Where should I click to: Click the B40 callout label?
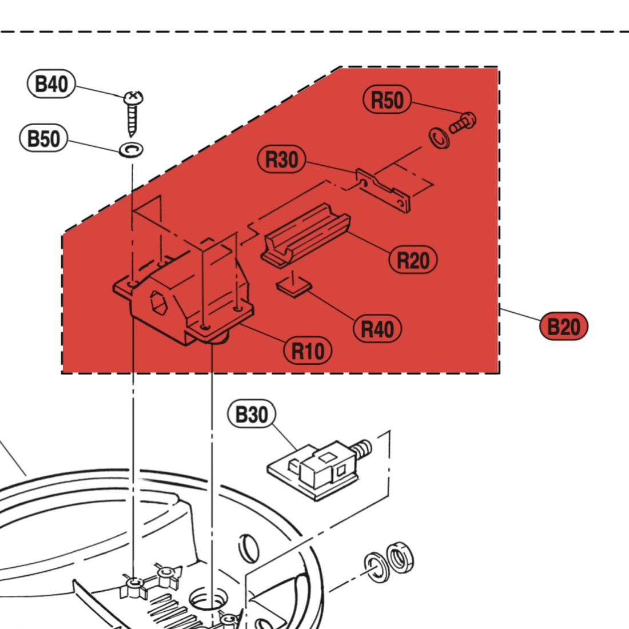(51, 84)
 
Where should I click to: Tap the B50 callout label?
(43, 138)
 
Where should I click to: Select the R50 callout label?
(387, 101)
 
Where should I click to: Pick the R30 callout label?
(282, 160)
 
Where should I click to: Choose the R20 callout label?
(413, 260)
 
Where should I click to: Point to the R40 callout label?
(377, 329)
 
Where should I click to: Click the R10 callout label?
(308, 350)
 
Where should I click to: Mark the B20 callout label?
(563, 327)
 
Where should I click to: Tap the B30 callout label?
(252, 415)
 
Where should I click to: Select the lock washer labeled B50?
(131, 150)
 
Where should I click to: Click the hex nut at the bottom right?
(400, 557)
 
